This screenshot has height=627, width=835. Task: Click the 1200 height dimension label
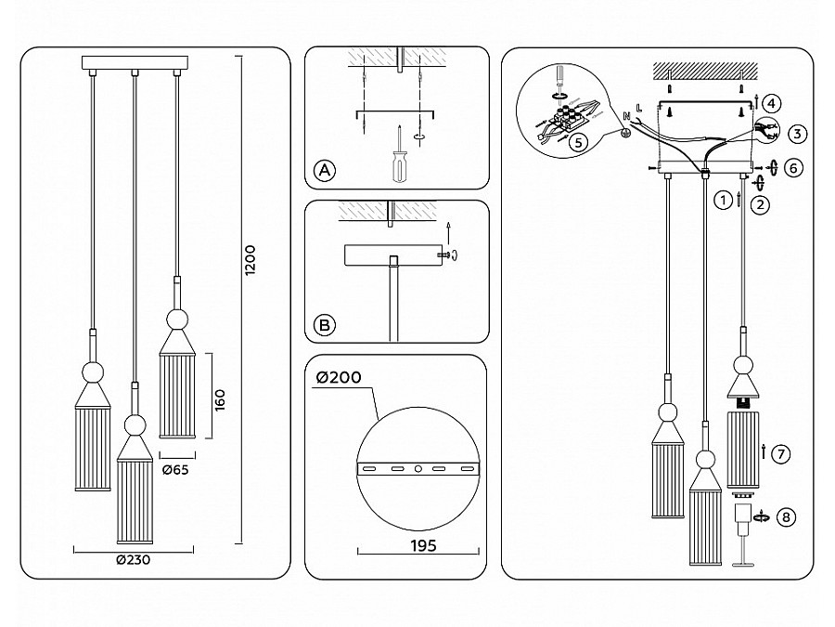[x=250, y=260]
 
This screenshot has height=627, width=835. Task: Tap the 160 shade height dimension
[x=219, y=400]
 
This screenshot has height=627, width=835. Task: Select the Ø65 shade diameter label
[x=175, y=470]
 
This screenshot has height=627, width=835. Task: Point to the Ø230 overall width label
[x=133, y=560]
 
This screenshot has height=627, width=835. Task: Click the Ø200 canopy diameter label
[x=339, y=377]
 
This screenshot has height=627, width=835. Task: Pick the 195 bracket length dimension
[x=423, y=546]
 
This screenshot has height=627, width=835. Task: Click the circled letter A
[x=325, y=171]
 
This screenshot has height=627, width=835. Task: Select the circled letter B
[x=325, y=325]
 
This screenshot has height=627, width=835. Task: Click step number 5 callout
[x=578, y=142]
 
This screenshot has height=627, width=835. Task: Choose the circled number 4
[x=771, y=103]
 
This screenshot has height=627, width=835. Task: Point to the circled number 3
[x=797, y=133]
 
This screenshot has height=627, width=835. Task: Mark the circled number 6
[x=793, y=168]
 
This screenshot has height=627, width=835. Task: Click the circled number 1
[x=723, y=201]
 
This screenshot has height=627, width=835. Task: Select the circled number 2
[x=760, y=204]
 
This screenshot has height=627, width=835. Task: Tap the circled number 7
[x=780, y=454]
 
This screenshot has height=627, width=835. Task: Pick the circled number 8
[x=787, y=516]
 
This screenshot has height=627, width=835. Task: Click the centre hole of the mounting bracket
[x=418, y=469]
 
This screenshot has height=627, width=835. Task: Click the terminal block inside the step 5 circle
[x=568, y=117]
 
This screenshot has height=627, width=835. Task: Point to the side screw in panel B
[x=443, y=255]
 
